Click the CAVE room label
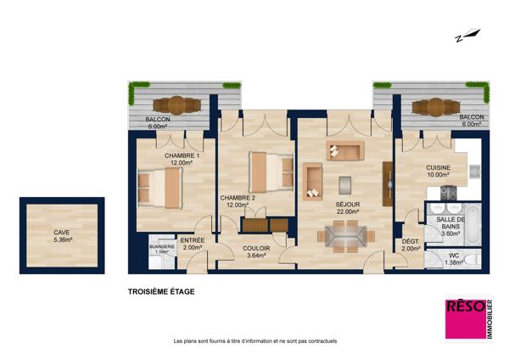(62, 233)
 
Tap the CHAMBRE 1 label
(182, 155)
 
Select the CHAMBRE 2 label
(238, 198)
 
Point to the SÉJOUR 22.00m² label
(348, 208)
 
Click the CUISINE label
(439, 167)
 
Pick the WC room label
(454, 256)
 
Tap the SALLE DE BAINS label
(450, 223)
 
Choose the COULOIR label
(256, 249)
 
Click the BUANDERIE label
(162, 247)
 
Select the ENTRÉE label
(193, 240)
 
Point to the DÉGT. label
(411, 242)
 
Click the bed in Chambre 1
(159, 188)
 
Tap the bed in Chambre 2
(271, 172)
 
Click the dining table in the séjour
(346, 236)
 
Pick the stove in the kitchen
(448, 193)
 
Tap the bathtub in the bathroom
(473, 225)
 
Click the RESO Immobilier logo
(469, 319)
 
